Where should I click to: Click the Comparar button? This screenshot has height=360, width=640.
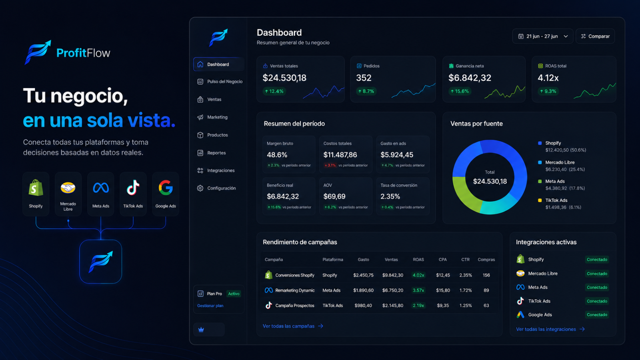tap(595, 36)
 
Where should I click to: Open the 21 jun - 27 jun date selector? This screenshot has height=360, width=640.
tap(542, 36)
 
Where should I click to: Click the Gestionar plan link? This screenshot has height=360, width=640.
tap(210, 306)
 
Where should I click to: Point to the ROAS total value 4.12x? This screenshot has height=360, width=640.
tap(548, 78)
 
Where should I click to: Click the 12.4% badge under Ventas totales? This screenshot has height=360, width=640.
tap(274, 92)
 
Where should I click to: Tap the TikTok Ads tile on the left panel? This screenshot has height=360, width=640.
tap(133, 194)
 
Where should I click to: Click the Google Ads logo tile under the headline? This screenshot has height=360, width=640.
tap(166, 194)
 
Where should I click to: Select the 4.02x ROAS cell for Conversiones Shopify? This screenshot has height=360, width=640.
tap(418, 275)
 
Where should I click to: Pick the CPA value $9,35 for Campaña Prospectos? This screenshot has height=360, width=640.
tap(443, 306)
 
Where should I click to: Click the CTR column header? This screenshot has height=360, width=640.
tap(466, 260)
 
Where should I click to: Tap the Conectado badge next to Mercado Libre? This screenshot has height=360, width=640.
tap(597, 274)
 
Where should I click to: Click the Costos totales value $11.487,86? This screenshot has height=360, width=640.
tap(340, 155)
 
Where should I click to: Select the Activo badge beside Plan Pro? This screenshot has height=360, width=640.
tap(234, 294)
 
